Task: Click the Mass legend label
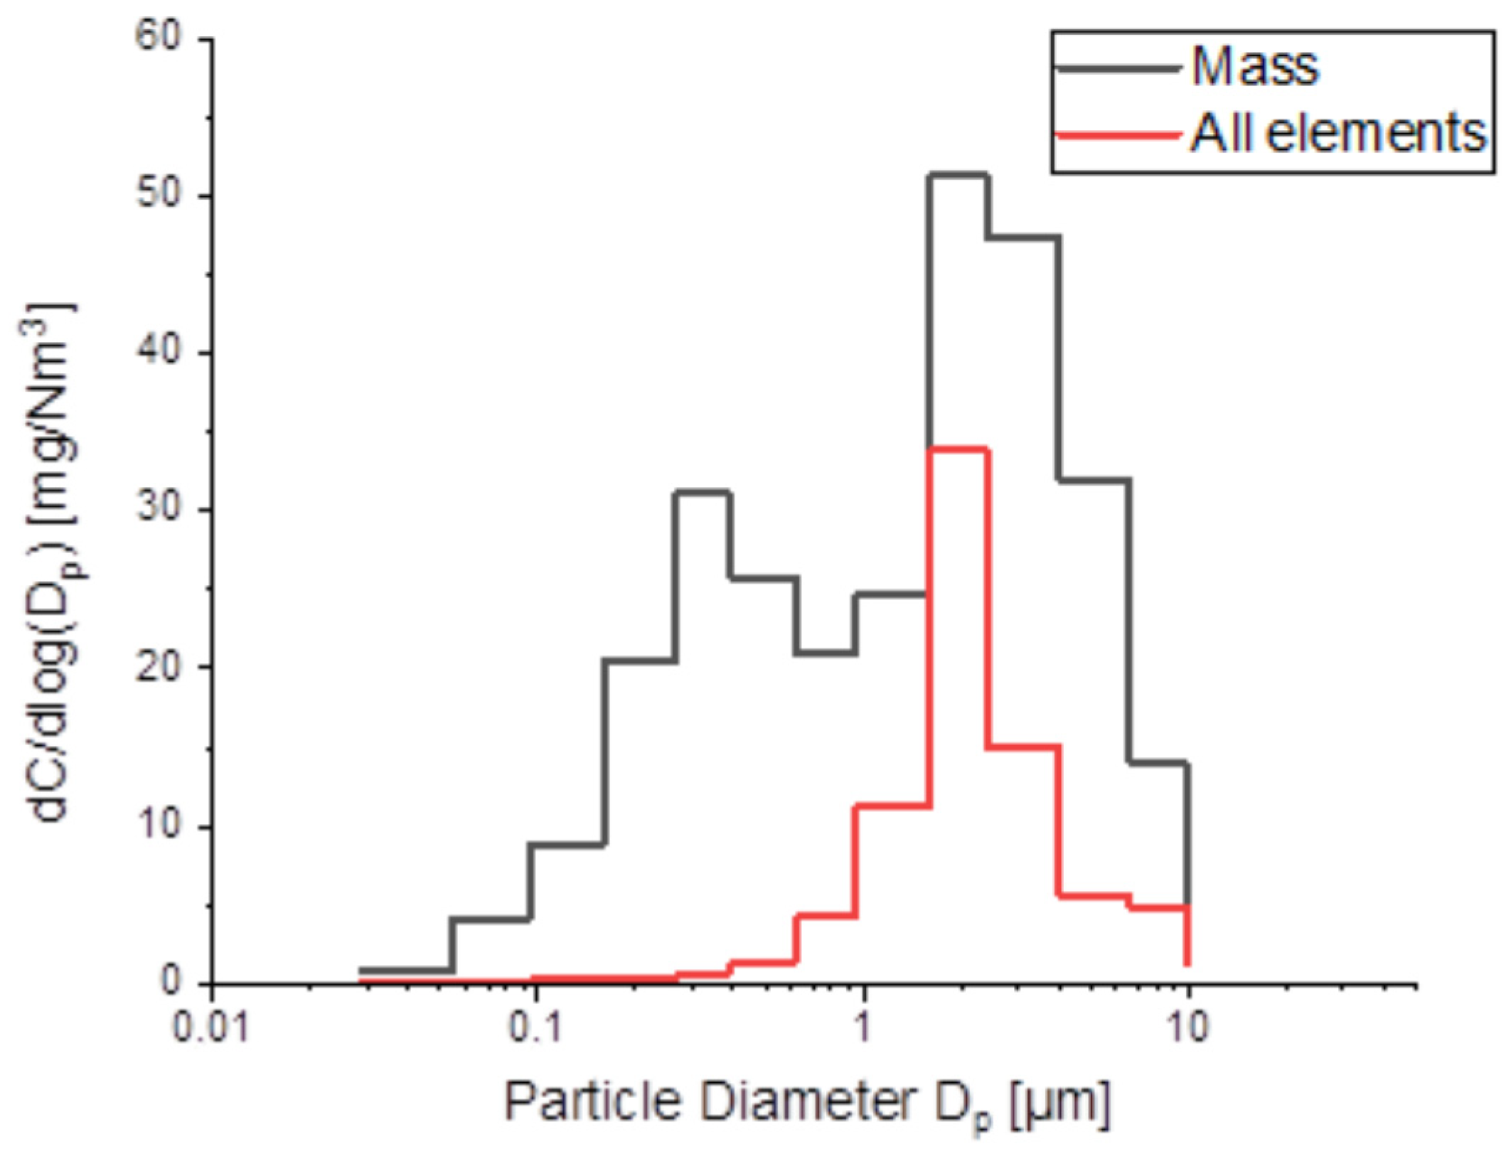pos(1255,68)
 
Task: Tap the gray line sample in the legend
pos(1117,68)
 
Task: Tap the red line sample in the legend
pos(1117,134)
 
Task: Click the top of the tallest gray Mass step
pos(957,174)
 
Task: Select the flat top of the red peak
pos(957,449)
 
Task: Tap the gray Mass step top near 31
pos(703,492)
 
